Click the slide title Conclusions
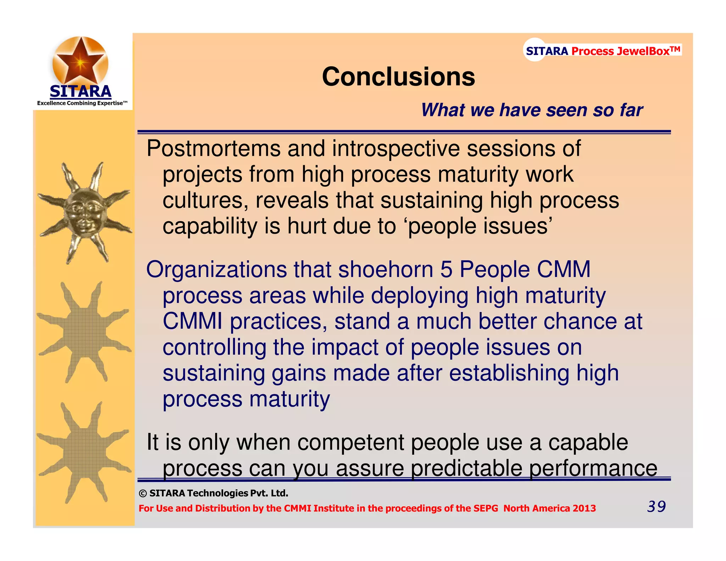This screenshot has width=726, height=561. pyautogui.click(x=398, y=77)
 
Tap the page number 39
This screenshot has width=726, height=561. pyautogui.click(x=656, y=506)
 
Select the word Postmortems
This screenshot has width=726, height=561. pyautogui.click(x=214, y=149)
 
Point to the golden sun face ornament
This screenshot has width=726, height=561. pyautogui.click(x=84, y=213)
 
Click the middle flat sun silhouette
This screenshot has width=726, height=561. pyautogui.click(x=84, y=333)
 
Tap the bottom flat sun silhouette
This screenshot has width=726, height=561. pyautogui.click(x=84, y=453)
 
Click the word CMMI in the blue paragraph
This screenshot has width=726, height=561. pyautogui.click(x=192, y=321)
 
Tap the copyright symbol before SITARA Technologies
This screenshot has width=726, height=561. pyautogui.click(x=143, y=494)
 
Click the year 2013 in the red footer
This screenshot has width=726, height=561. pyautogui.click(x=584, y=509)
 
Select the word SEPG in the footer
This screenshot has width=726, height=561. pyautogui.click(x=487, y=509)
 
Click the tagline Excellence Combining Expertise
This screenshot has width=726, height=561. pyautogui.click(x=82, y=103)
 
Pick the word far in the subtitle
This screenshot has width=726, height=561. pyautogui.click(x=631, y=110)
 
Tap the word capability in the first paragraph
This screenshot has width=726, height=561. pyautogui.click(x=210, y=227)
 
